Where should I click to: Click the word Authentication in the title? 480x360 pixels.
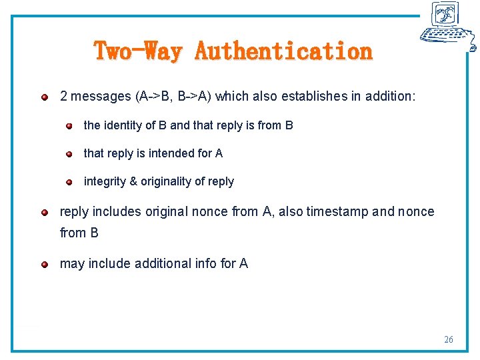283,51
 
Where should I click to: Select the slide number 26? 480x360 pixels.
449,340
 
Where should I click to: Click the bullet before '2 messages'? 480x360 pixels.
45,97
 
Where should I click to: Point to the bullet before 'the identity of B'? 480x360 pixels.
69,126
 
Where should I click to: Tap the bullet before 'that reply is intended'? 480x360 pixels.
69,154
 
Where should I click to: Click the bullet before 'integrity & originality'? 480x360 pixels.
69,182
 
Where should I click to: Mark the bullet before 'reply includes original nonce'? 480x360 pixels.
45,213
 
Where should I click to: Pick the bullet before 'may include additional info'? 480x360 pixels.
45,265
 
